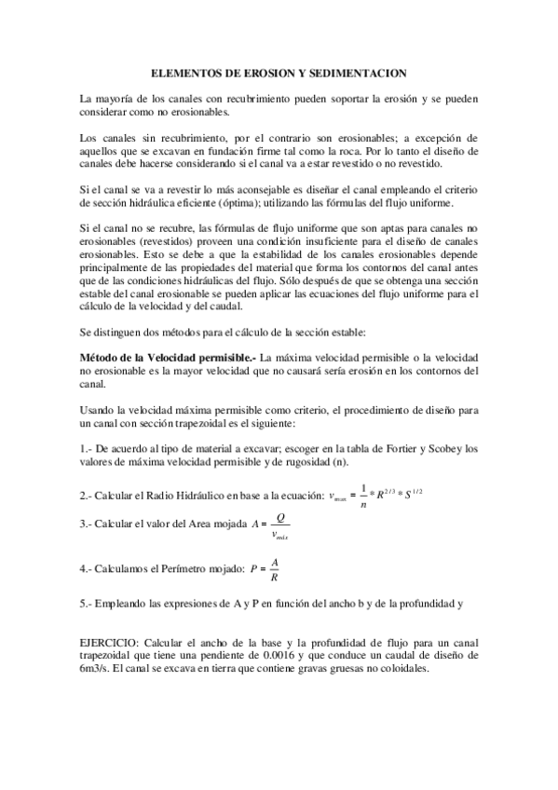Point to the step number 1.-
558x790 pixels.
[88, 450]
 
